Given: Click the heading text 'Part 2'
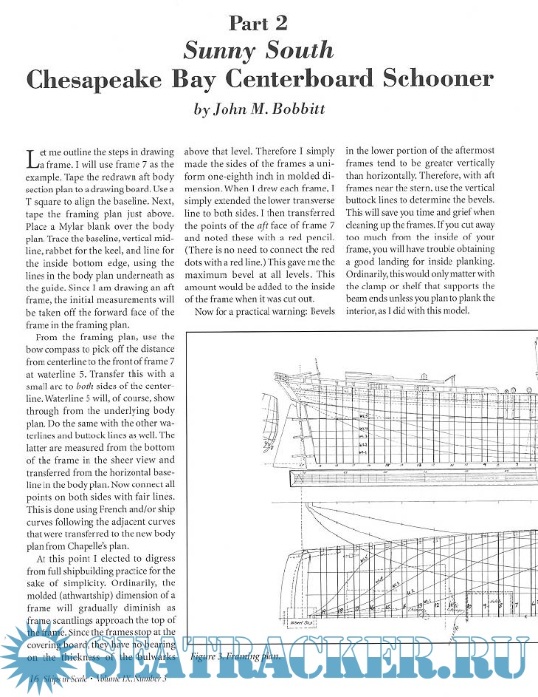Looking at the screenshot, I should coord(258,23).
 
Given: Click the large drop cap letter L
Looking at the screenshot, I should coord(30,157).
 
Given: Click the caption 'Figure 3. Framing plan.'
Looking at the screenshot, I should coord(234,656).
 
